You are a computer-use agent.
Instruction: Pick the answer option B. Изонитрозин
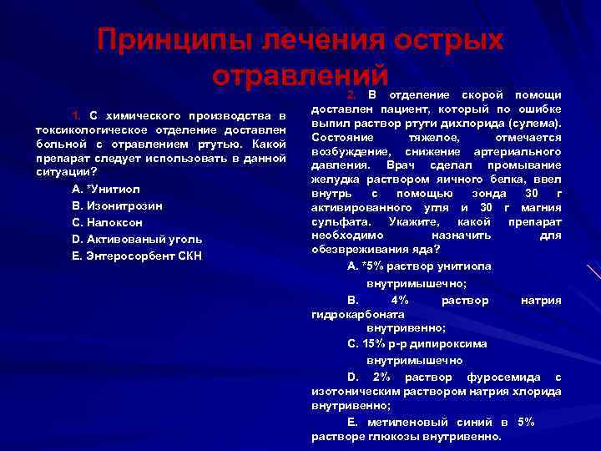click(x=118, y=205)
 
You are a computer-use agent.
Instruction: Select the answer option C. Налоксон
click(x=108, y=223)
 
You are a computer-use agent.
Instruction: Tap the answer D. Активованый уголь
click(x=136, y=240)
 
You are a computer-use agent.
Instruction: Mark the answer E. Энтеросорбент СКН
click(x=138, y=256)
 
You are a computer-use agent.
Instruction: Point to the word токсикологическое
click(x=79, y=129)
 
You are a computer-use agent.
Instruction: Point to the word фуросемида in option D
click(x=499, y=377)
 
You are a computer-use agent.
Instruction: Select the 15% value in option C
click(x=369, y=343)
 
